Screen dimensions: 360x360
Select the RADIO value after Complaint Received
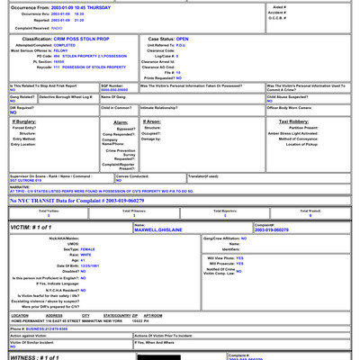[77, 27]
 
